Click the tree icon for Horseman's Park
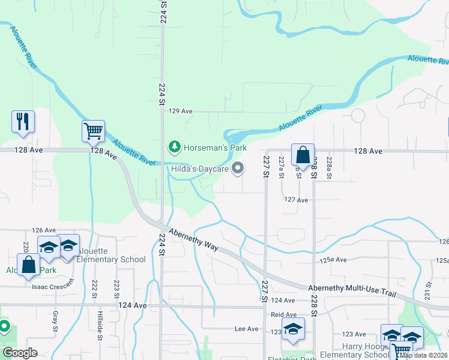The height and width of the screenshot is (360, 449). pos(174,146)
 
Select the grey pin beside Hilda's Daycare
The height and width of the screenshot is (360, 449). pos(238,169)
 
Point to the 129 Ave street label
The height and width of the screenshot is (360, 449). pos(180,111)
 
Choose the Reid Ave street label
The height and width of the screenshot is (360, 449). pos(284,314)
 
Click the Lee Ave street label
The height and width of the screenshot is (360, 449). pos(246,329)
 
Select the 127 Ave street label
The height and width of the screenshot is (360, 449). pos(296,200)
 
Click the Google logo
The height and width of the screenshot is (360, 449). pos(20,353)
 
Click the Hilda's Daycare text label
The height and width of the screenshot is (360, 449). pos(198,170)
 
